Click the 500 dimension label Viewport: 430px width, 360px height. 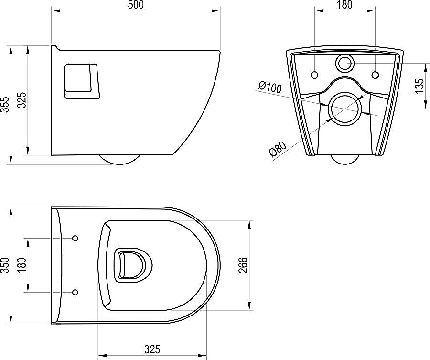click(136, 5)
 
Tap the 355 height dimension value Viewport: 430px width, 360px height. click(5, 104)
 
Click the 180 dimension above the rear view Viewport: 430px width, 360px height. click(344, 5)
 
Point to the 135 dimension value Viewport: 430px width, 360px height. click(419, 86)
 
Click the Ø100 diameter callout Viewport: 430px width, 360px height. click(270, 87)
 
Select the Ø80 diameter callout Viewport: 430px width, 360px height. click(278, 149)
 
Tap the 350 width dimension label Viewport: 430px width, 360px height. click(5, 265)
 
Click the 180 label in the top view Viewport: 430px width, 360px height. click(22, 265)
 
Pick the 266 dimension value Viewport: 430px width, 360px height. click(243, 265)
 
